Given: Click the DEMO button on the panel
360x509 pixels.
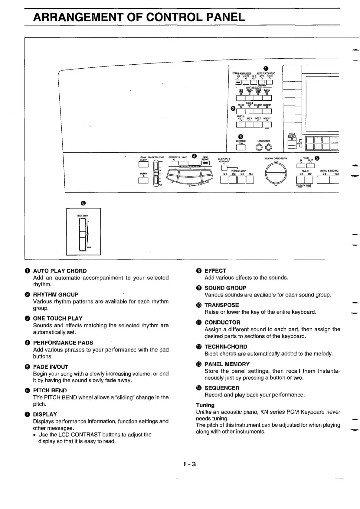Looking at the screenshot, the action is coord(143,180).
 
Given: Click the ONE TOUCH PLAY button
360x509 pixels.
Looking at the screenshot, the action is coord(241,148).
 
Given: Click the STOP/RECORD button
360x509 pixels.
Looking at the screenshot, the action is coord(206,164).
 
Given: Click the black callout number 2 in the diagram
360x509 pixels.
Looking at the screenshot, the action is coord(233,109).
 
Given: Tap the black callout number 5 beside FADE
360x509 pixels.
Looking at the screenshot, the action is coord(317,158).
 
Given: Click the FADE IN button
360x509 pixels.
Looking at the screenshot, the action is coord(301,166).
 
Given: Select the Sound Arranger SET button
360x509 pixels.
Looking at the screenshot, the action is coord(238,82).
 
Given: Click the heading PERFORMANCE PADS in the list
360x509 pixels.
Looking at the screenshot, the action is coord(63,343).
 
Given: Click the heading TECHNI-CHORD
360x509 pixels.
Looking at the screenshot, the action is coord(226,347).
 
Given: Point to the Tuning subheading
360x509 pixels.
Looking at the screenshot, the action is coord(205,405).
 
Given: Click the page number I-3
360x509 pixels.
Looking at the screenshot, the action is coord(190,464).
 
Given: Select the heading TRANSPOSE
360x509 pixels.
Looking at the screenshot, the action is coord(221,305).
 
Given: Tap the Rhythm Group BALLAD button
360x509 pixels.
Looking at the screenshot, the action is coord(241,112).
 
